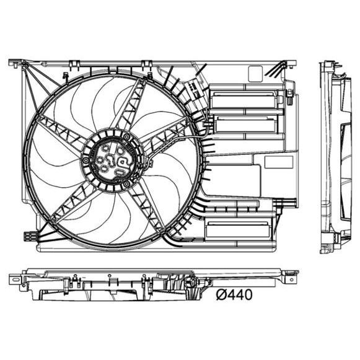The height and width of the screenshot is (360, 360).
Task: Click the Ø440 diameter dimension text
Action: [x=234, y=295]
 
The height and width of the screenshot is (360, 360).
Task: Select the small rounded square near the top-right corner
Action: [x=255, y=73]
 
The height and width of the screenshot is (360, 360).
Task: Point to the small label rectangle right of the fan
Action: [x=278, y=162]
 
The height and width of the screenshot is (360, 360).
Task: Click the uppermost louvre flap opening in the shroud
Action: [x=244, y=100]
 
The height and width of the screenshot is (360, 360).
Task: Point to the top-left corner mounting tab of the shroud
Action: [x=15, y=63]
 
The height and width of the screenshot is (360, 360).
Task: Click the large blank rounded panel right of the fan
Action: [x=235, y=179]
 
